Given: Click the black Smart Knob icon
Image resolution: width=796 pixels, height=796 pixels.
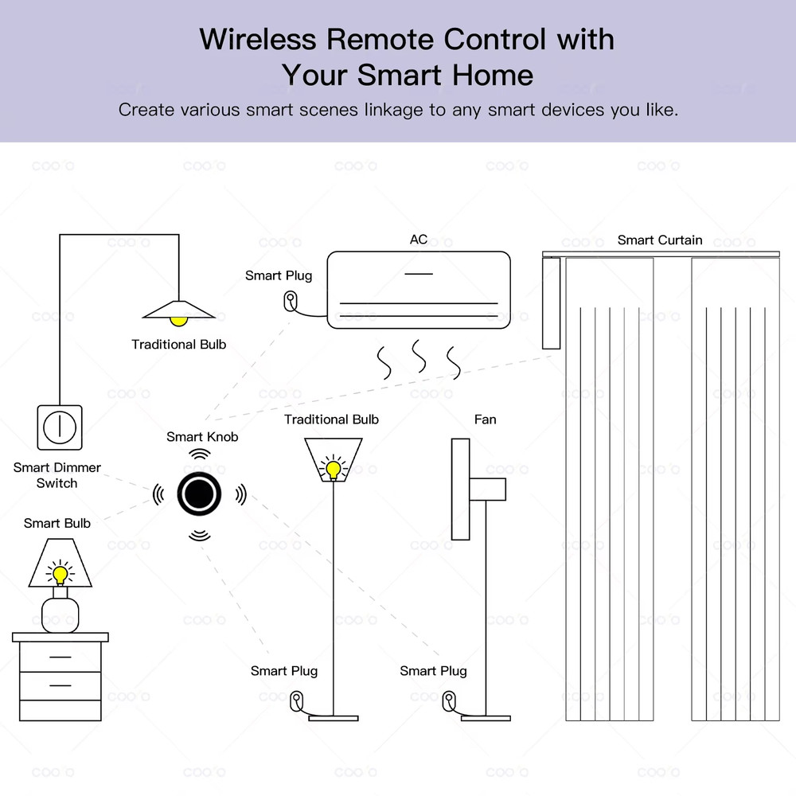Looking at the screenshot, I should pos(198,494).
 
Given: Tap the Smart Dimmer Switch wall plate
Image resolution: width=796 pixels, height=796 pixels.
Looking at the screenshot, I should pos(59,427).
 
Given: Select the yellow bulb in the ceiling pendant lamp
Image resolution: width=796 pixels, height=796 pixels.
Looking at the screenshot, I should pos(178,320).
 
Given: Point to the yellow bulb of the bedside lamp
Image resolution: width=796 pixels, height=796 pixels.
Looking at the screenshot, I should pos(60,573).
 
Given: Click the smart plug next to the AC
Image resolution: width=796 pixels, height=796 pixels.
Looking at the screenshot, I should pos(291,301).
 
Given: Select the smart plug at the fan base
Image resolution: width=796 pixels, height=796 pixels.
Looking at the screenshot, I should pos(448,700).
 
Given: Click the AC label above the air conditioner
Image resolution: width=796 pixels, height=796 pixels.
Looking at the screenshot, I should pos(419,240).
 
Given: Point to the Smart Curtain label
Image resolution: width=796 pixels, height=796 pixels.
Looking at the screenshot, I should pos(660,240).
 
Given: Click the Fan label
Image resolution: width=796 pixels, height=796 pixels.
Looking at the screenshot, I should pos(485,419).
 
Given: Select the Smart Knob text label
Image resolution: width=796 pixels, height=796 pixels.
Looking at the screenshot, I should pos(202,436).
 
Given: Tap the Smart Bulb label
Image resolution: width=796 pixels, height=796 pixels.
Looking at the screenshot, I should pos(57,523).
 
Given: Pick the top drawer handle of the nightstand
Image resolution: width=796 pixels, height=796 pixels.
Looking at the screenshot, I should pos(60,657).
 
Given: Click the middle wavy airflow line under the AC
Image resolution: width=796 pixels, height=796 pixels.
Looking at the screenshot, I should pos(417,358).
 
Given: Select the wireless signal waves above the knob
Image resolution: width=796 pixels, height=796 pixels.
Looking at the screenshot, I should pos(199,455).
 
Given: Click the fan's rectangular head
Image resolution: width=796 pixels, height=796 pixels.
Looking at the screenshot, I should pos(459,489).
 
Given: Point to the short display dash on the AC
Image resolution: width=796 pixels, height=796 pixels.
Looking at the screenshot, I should pos(419,274).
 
